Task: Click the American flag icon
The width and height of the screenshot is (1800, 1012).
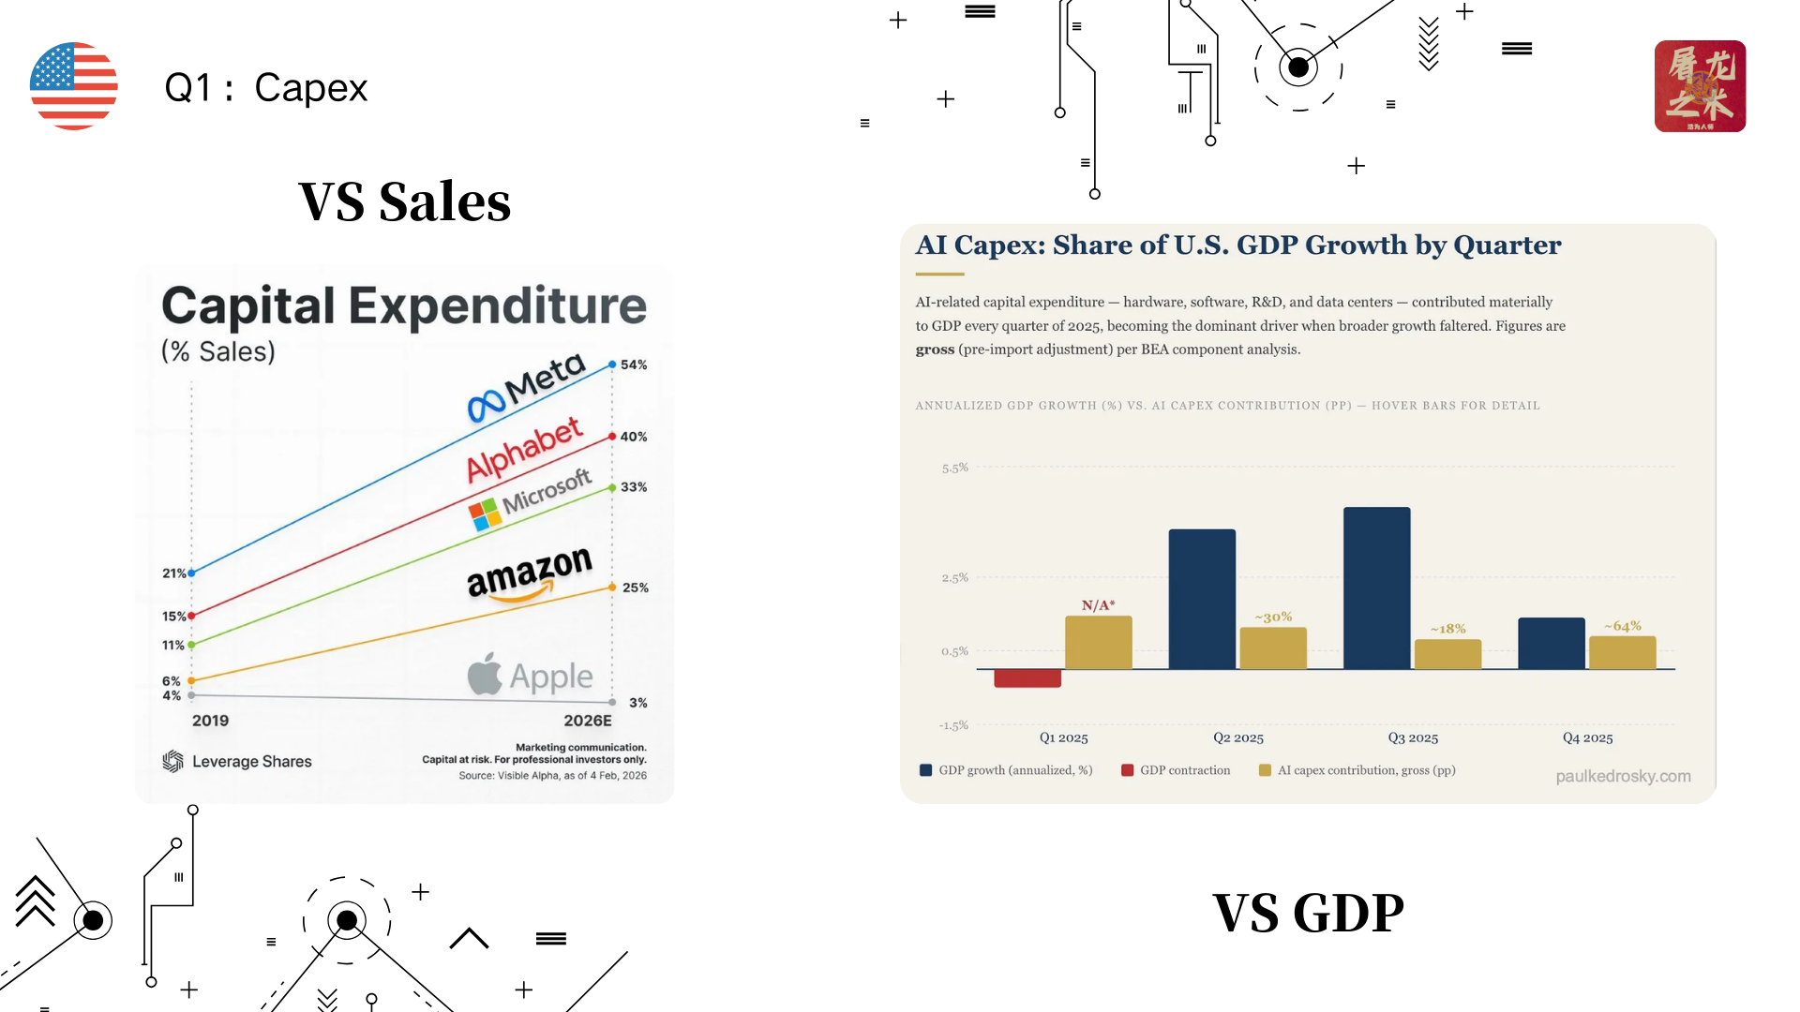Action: tap(73, 86)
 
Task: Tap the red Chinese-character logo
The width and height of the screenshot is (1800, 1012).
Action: tap(1699, 86)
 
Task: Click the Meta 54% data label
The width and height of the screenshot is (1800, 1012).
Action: tap(634, 365)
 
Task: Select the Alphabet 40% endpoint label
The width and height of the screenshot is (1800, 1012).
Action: tap(634, 437)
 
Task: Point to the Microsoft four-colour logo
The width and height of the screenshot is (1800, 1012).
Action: tap(485, 514)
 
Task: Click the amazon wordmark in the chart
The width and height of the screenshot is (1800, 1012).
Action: tap(530, 572)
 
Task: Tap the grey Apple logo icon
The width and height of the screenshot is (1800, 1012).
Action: tap(485, 675)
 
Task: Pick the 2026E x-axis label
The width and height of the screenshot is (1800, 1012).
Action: tap(588, 721)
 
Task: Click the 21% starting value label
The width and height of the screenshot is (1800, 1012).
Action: tap(173, 573)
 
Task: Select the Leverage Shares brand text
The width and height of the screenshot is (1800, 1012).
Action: tap(251, 762)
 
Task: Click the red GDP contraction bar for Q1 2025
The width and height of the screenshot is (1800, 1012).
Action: tap(1027, 678)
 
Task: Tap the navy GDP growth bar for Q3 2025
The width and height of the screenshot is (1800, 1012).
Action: tap(1376, 588)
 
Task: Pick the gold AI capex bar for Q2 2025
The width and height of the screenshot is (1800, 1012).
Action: tap(1273, 647)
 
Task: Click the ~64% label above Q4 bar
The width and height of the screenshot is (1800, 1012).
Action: tap(1623, 626)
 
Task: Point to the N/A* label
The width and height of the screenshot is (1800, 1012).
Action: tap(1098, 605)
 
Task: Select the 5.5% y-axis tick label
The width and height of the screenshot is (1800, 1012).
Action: tap(954, 468)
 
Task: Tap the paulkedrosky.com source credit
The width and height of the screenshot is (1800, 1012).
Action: tap(1623, 776)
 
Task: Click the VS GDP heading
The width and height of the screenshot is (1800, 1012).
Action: tap(1308, 913)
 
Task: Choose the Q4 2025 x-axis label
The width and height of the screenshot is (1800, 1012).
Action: tap(1587, 738)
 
